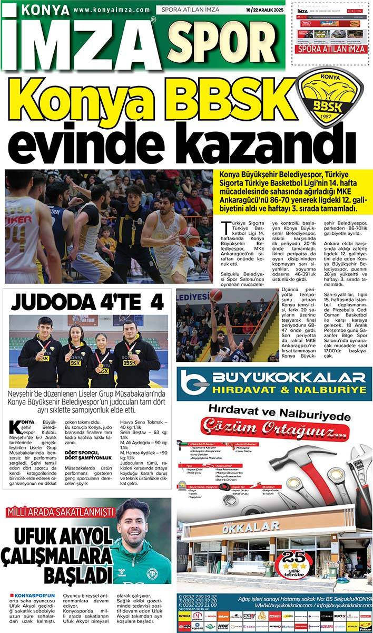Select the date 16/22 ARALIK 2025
click(263, 10)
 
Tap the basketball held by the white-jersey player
click(190, 236)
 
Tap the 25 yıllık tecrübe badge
click(290, 563)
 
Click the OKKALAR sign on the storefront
click(250, 526)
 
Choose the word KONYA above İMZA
click(46, 10)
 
